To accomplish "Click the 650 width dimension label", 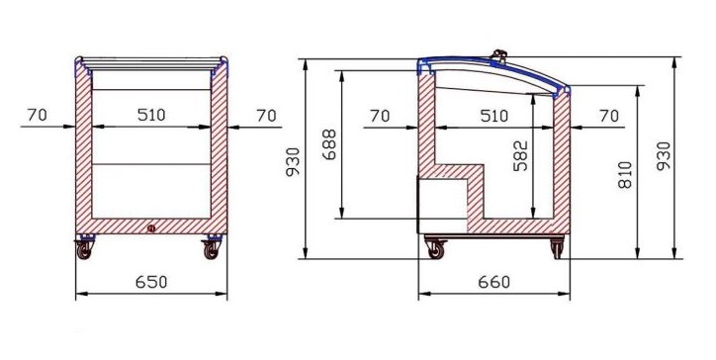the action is click(x=151, y=282).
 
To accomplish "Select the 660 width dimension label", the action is click(x=494, y=282).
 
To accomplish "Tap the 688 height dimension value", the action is click(x=329, y=144).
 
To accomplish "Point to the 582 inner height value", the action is click(x=520, y=156).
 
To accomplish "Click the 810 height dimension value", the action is click(x=625, y=174).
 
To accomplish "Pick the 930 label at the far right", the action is click(x=664, y=156).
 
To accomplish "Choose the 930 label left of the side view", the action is click(x=293, y=162).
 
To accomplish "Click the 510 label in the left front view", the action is click(x=151, y=115).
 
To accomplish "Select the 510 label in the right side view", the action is click(x=494, y=116).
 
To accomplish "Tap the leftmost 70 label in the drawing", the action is click(x=37, y=115).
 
